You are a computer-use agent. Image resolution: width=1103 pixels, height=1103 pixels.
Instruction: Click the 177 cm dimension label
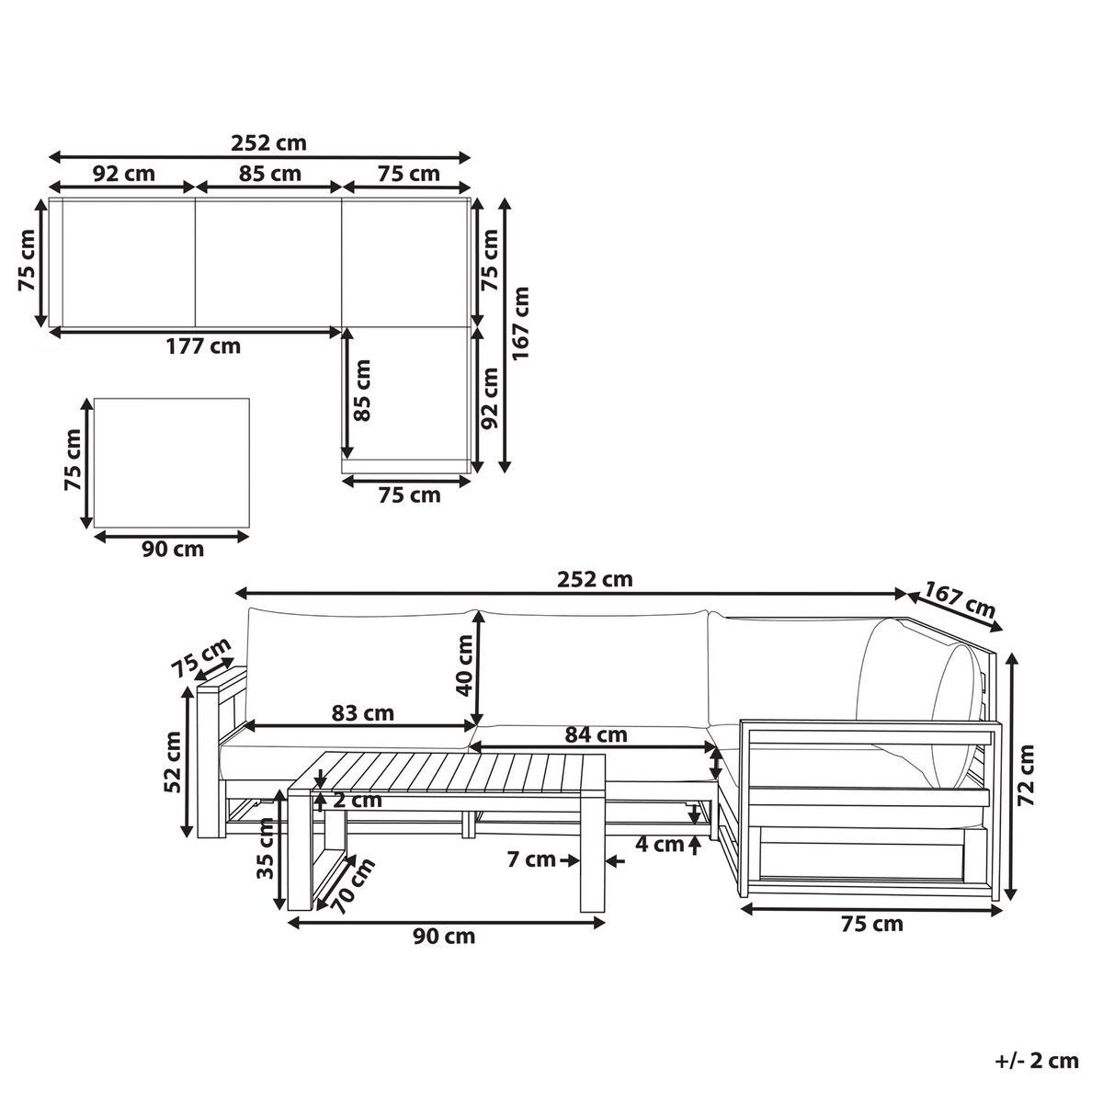tap(203, 347)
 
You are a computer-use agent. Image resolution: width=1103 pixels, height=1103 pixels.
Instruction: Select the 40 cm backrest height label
tap(464, 665)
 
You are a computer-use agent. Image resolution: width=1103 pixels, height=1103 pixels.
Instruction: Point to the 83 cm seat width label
tap(363, 713)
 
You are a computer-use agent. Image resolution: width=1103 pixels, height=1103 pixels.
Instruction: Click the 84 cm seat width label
tap(596, 735)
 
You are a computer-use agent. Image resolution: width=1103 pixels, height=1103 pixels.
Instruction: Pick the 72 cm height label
tap(1027, 776)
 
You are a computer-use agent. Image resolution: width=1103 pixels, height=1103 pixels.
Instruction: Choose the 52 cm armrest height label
tap(172, 762)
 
